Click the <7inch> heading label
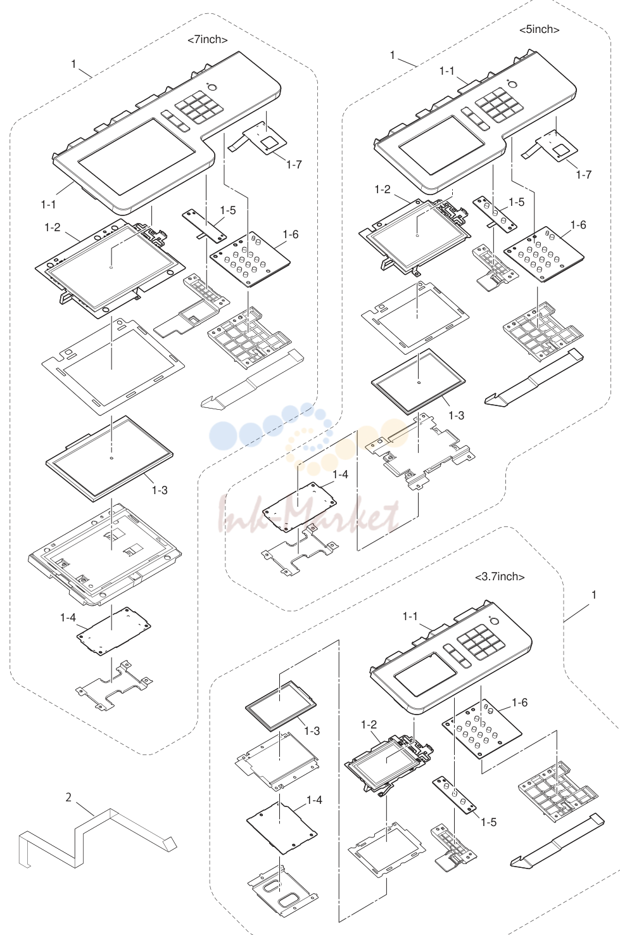pos(207,40)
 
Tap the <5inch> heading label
pos(539,29)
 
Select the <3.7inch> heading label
pos(500,576)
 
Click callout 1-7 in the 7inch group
pos(294,165)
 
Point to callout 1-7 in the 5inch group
pos(584,175)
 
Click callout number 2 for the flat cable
pos(68,798)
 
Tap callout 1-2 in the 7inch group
pos(53,227)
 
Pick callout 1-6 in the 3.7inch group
pos(519,703)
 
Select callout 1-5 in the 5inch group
pos(517,202)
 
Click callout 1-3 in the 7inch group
pos(160,490)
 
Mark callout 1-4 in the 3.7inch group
pos(314,800)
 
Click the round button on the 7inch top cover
pos(212,87)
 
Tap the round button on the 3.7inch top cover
pos(495,621)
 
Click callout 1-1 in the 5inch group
pos(447,72)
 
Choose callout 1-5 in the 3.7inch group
pos(488,822)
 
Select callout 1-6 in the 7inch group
pos(291,234)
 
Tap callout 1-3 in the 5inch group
pos(456,416)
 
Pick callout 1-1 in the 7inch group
pos(48,205)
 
